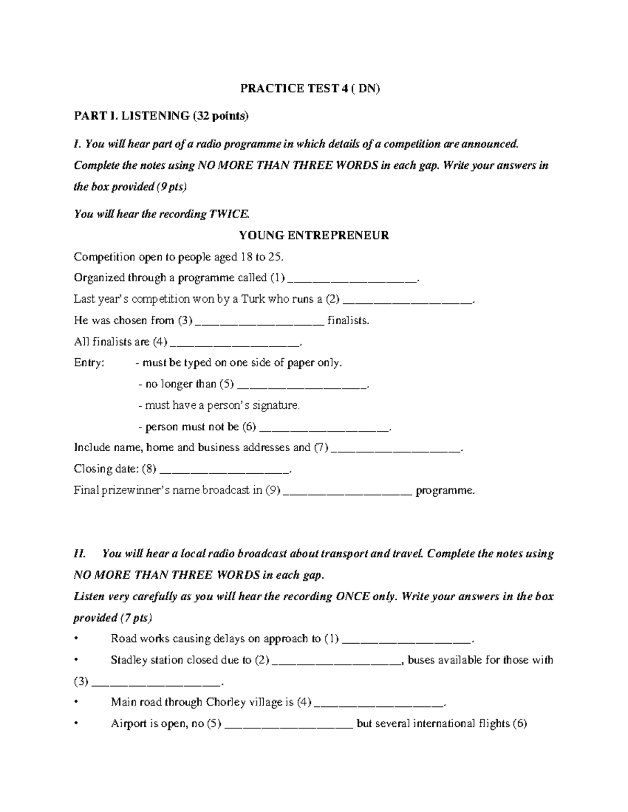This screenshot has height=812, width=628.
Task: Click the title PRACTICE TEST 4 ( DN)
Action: coord(310,88)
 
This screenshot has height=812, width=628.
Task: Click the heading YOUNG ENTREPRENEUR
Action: coord(314,235)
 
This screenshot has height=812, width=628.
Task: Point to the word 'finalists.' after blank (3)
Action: coord(348,321)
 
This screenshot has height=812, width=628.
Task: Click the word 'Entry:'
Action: coord(89,363)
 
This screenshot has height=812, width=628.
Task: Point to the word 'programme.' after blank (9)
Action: coord(445,491)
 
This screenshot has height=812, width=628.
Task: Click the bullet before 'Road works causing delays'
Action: coord(76,639)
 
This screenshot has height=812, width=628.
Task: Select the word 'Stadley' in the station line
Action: coord(129,660)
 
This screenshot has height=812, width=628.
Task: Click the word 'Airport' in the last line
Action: coord(128,724)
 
